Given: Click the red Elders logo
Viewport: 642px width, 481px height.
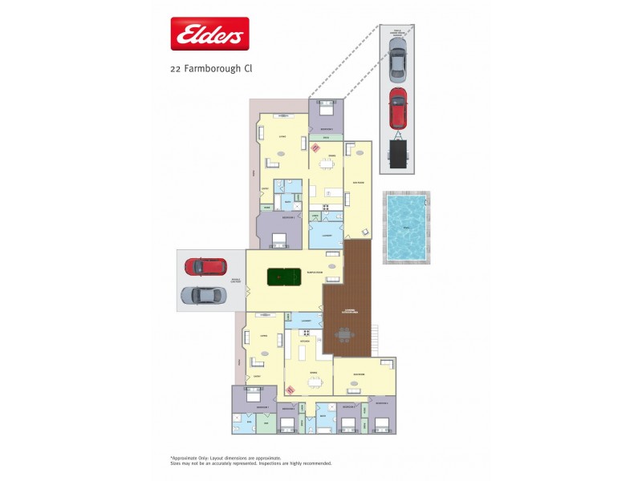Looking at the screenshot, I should [x=210, y=34].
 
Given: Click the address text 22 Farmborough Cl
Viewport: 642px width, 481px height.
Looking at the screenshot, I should [x=211, y=69].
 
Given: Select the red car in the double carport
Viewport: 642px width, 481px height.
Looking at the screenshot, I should [x=205, y=266].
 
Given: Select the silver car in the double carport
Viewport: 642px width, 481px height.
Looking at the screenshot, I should [x=203, y=295].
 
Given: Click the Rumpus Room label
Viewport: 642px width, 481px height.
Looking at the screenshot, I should [x=315, y=272].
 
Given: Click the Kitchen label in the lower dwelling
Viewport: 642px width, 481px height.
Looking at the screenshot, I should [x=305, y=341].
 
